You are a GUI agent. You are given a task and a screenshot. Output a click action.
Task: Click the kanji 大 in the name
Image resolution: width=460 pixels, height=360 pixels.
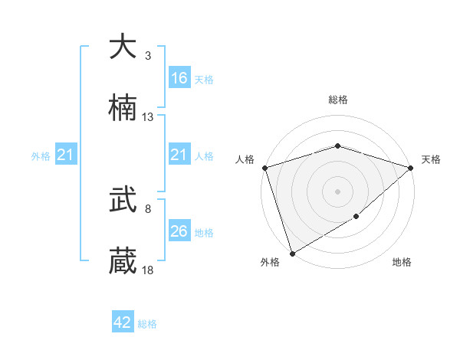tap(123, 47)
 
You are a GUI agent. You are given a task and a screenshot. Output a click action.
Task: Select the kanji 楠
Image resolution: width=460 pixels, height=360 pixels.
tap(123, 108)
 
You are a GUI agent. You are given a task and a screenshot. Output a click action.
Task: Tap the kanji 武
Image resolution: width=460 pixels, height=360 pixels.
tap(123, 200)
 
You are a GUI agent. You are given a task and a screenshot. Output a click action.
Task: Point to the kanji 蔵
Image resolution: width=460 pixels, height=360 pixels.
tap(123, 261)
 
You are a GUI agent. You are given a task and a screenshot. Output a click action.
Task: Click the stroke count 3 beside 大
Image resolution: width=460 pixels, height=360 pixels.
tap(147, 56)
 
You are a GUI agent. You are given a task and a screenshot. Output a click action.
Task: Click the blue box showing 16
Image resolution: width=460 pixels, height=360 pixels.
tap(179, 78)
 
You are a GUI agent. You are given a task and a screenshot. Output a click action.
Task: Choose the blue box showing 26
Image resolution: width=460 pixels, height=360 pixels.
tap(179, 231)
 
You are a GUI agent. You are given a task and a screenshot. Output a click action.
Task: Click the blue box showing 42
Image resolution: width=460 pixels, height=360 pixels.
tap(123, 322)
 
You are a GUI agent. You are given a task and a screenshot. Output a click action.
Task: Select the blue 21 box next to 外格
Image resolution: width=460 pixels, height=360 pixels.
tap(66, 155)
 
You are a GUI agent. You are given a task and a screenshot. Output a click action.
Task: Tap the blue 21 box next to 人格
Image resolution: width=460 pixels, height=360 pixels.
tap(179, 155)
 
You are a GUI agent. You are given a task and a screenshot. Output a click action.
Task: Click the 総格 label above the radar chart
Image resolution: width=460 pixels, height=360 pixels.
tap(337, 100)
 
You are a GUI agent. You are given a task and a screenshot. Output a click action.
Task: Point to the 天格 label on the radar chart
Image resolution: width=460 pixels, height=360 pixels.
tap(432, 159)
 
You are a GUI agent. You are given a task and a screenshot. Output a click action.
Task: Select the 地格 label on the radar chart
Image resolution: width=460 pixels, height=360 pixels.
tap(402, 262)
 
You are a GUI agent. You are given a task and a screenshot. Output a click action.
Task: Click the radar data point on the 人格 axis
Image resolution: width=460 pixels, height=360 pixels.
tap(264, 168)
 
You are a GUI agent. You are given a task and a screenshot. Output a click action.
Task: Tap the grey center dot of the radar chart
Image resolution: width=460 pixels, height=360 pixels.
tap(337, 191)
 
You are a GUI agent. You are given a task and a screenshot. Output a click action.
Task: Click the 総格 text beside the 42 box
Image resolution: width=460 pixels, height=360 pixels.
tap(147, 324)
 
